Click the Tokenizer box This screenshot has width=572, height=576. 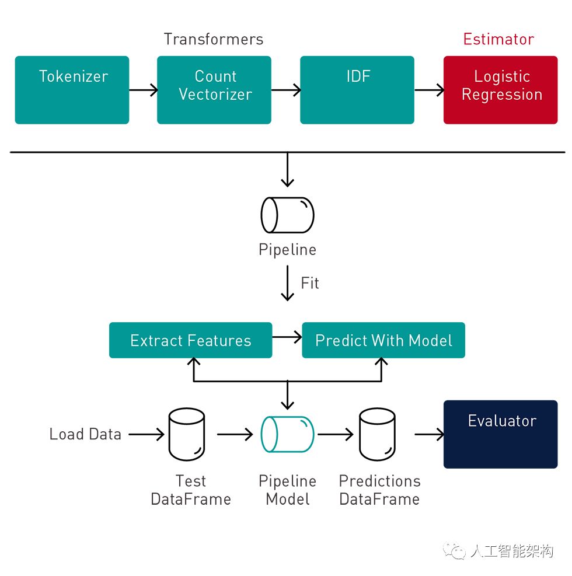(x=72, y=90)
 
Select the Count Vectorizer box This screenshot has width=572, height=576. (x=214, y=90)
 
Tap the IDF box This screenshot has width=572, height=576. (x=357, y=90)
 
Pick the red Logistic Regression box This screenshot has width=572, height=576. (x=500, y=90)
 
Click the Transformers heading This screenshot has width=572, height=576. (x=214, y=39)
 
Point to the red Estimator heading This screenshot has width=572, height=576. (x=498, y=39)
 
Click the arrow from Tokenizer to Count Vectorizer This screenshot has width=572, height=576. (x=143, y=90)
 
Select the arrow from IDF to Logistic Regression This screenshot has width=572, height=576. (x=429, y=90)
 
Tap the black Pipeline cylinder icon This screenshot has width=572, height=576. (x=287, y=215)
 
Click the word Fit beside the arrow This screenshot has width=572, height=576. (x=310, y=283)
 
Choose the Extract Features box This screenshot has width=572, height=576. (x=191, y=340)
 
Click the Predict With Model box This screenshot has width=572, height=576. (x=383, y=340)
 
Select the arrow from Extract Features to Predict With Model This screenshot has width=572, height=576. (x=287, y=337)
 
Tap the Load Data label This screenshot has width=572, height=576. (x=85, y=434)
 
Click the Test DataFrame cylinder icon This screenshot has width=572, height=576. (x=187, y=434)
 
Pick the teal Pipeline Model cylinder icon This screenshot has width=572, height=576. (x=287, y=434)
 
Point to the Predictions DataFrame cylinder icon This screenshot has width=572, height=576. (x=377, y=434)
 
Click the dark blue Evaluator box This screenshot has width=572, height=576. (x=500, y=434)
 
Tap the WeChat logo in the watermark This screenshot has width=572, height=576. (x=454, y=551)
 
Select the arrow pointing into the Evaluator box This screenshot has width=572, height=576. (x=429, y=434)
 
